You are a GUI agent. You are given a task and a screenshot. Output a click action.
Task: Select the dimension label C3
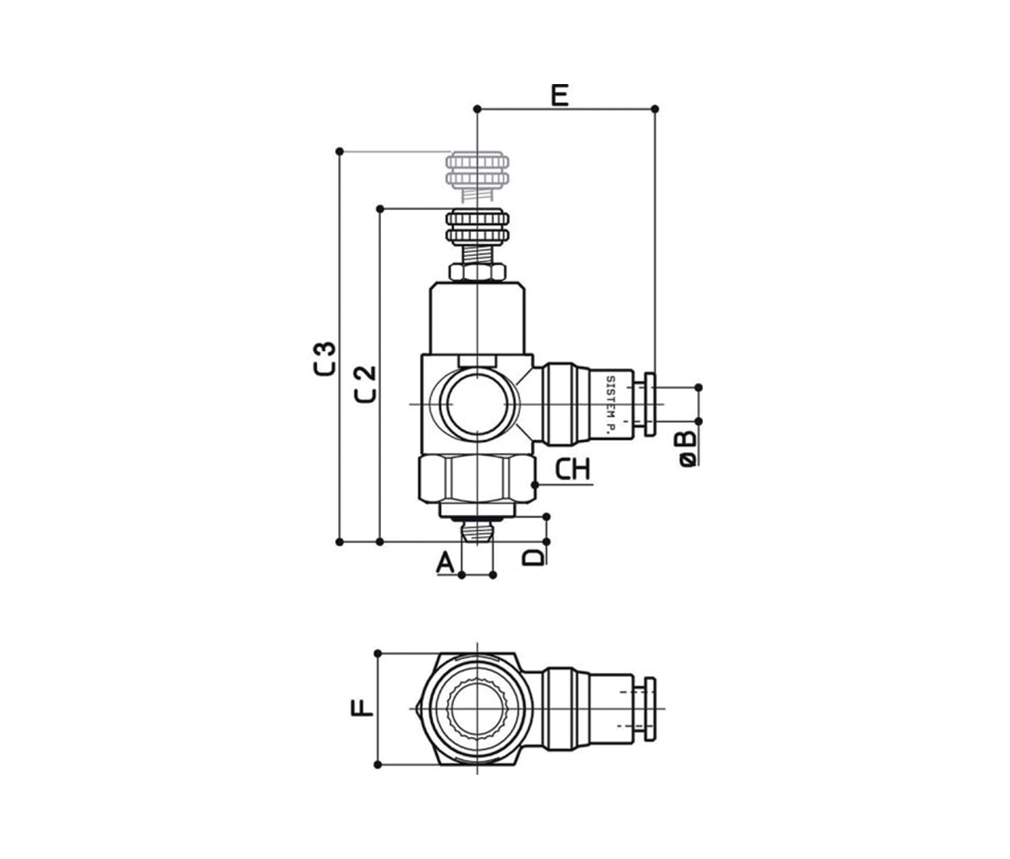[x=326, y=359]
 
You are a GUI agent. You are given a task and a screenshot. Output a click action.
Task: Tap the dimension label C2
[x=366, y=384]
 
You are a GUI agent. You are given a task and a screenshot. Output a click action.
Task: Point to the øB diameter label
[x=688, y=448]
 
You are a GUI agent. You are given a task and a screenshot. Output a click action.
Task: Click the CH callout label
[x=573, y=469]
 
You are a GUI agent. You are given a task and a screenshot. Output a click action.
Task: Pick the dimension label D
[x=533, y=556]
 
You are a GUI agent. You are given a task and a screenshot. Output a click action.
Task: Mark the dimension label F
[x=362, y=708]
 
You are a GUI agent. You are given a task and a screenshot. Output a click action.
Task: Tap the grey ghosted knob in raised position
[x=477, y=176]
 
